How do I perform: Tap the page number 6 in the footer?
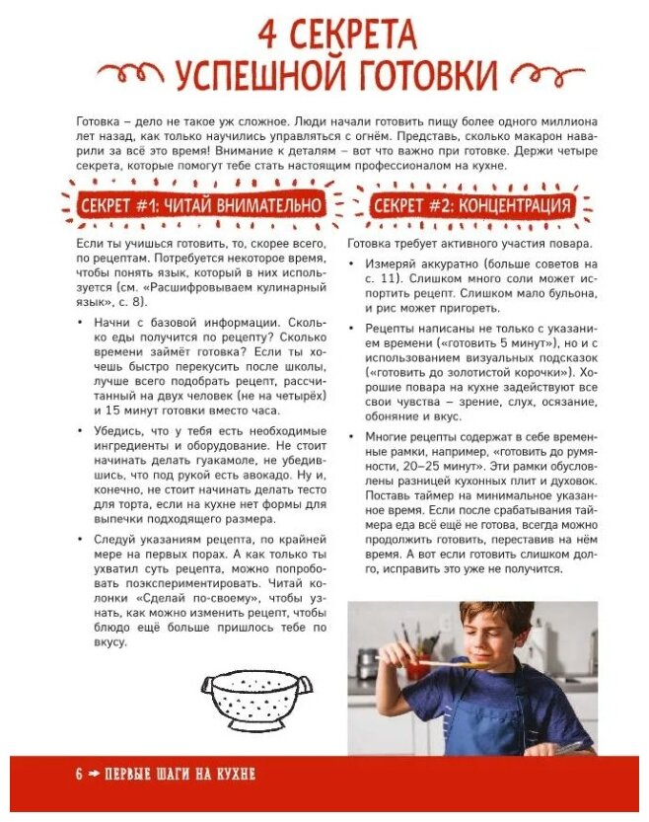coord(78,775)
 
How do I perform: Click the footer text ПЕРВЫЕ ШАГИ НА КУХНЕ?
coord(180,775)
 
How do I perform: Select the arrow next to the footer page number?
coord(96,775)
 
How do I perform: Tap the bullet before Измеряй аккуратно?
coord(354,264)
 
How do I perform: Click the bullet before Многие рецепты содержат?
coord(354,437)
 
